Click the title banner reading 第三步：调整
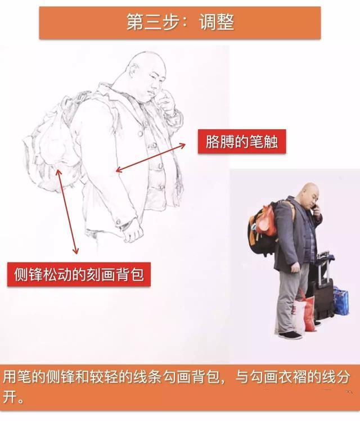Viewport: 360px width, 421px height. [180, 23]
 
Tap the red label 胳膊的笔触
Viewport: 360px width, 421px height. [242, 142]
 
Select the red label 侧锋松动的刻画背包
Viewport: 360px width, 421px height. [79, 274]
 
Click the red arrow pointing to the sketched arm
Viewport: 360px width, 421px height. [150, 158]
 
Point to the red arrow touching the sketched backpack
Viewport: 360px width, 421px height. [66, 211]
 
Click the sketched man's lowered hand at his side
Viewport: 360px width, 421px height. [133, 232]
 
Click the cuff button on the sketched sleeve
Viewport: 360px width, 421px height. [118, 222]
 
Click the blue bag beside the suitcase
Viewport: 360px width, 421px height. [341, 301]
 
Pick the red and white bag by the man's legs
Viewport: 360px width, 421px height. [304, 311]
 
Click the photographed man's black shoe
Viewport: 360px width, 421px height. [290, 336]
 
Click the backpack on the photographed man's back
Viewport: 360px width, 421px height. [262, 228]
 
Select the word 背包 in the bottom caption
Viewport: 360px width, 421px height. [206, 377]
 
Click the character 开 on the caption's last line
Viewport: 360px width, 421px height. [10, 396]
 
